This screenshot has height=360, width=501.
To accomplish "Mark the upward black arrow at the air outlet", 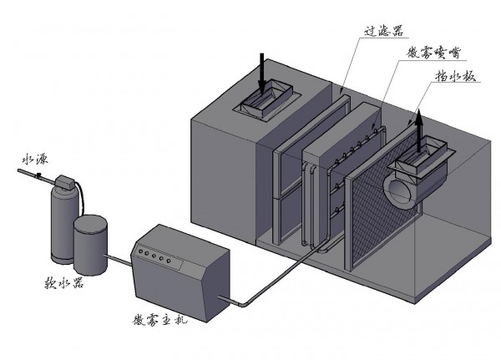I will tap(420, 125).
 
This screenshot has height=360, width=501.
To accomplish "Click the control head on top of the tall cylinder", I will tap(65, 181).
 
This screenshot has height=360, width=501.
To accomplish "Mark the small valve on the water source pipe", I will tap(39, 176).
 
